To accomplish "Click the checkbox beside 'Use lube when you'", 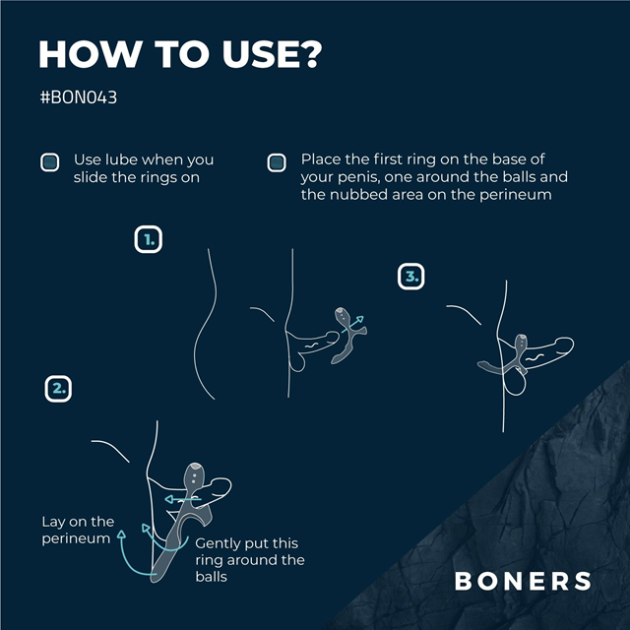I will click(x=49, y=162).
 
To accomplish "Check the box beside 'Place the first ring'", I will click(x=277, y=162).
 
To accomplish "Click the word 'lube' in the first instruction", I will click(x=117, y=159).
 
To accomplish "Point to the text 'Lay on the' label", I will click(x=78, y=522).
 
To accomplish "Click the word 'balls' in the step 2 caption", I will click(x=211, y=577).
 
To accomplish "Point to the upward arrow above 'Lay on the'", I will click(x=121, y=536).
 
